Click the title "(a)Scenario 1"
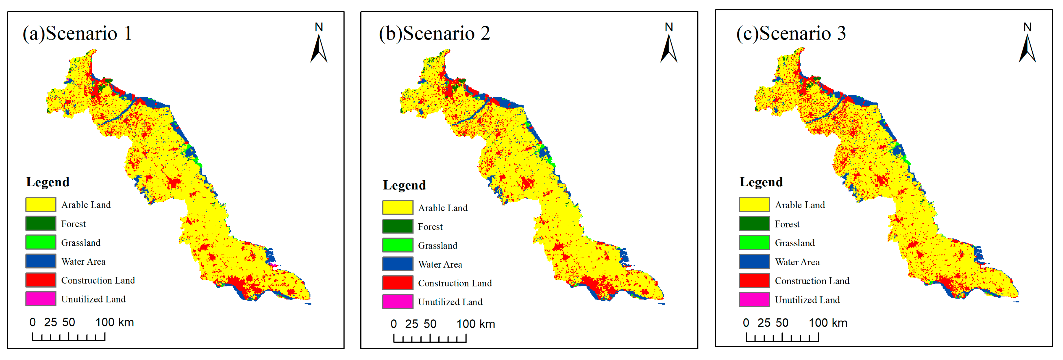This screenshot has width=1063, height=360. coord(77,33)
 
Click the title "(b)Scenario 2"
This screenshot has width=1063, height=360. coord(434,33)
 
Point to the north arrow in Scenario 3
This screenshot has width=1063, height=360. coord(1027,49)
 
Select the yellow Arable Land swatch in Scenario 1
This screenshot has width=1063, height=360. coord(41,204)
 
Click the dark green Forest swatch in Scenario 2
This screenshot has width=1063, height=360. coord(397,226)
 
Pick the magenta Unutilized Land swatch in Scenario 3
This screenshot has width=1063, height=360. coord(754,299)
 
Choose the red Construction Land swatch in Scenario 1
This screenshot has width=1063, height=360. coord(41,280)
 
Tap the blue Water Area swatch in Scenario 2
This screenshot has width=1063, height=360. coord(397,264)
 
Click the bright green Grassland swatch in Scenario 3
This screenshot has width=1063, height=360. coord(754,242)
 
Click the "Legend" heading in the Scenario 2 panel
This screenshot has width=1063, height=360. coord(404,185)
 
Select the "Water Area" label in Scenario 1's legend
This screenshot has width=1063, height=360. coord(83,261)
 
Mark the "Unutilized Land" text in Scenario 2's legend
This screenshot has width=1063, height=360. coord(450,302)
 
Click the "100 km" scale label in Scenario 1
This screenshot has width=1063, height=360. coord(115,322)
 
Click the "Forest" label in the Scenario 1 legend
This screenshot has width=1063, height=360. coord(73,224)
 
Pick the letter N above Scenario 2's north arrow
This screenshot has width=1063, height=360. coord(669,27)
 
